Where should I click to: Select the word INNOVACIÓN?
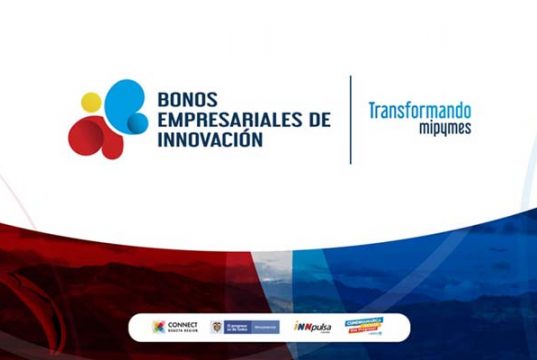pyautogui.click(x=210, y=140)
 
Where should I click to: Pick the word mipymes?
pyautogui.click(x=444, y=128)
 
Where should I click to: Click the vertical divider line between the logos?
pyautogui.click(x=351, y=120)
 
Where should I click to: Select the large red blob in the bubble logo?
pyautogui.click(x=91, y=137)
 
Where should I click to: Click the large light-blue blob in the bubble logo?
pyautogui.click(x=118, y=99)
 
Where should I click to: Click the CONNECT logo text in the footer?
pyautogui.click(x=184, y=326)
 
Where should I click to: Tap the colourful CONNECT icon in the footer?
pyautogui.click(x=159, y=327)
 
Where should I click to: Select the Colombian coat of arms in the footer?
pyautogui.click(x=217, y=327)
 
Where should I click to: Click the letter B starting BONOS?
pyautogui.click(x=163, y=100)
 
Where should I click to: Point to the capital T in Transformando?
pyautogui.click(x=373, y=110)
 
